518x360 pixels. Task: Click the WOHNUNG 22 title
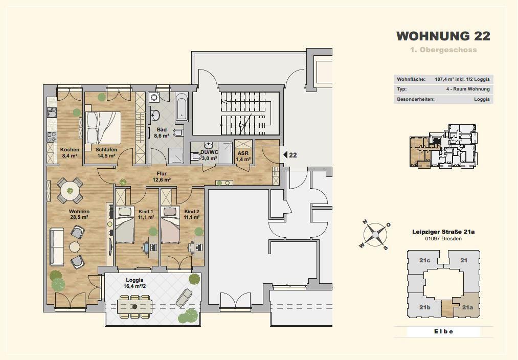(x=443, y=36)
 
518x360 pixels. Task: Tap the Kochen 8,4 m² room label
(x=70, y=152)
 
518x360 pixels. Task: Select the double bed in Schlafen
(x=103, y=127)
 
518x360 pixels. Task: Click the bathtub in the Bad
(x=182, y=107)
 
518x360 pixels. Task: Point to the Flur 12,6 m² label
(x=162, y=177)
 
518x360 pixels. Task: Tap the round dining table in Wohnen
(x=70, y=191)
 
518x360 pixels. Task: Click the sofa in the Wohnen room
(x=57, y=246)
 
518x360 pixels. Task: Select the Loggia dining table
(x=135, y=306)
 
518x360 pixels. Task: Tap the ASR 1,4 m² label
(x=243, y=156)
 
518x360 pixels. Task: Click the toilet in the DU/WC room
(x=196, y=156)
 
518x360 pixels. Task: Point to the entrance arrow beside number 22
(x=285, y=154)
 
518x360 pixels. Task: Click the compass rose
(x=375, y=235)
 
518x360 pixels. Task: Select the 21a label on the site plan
(x=467, y=307)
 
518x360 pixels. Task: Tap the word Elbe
(x=443, y=331)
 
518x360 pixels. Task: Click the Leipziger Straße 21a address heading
(x=443, y=232)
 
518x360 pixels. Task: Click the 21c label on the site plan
(x=424, y=260)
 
